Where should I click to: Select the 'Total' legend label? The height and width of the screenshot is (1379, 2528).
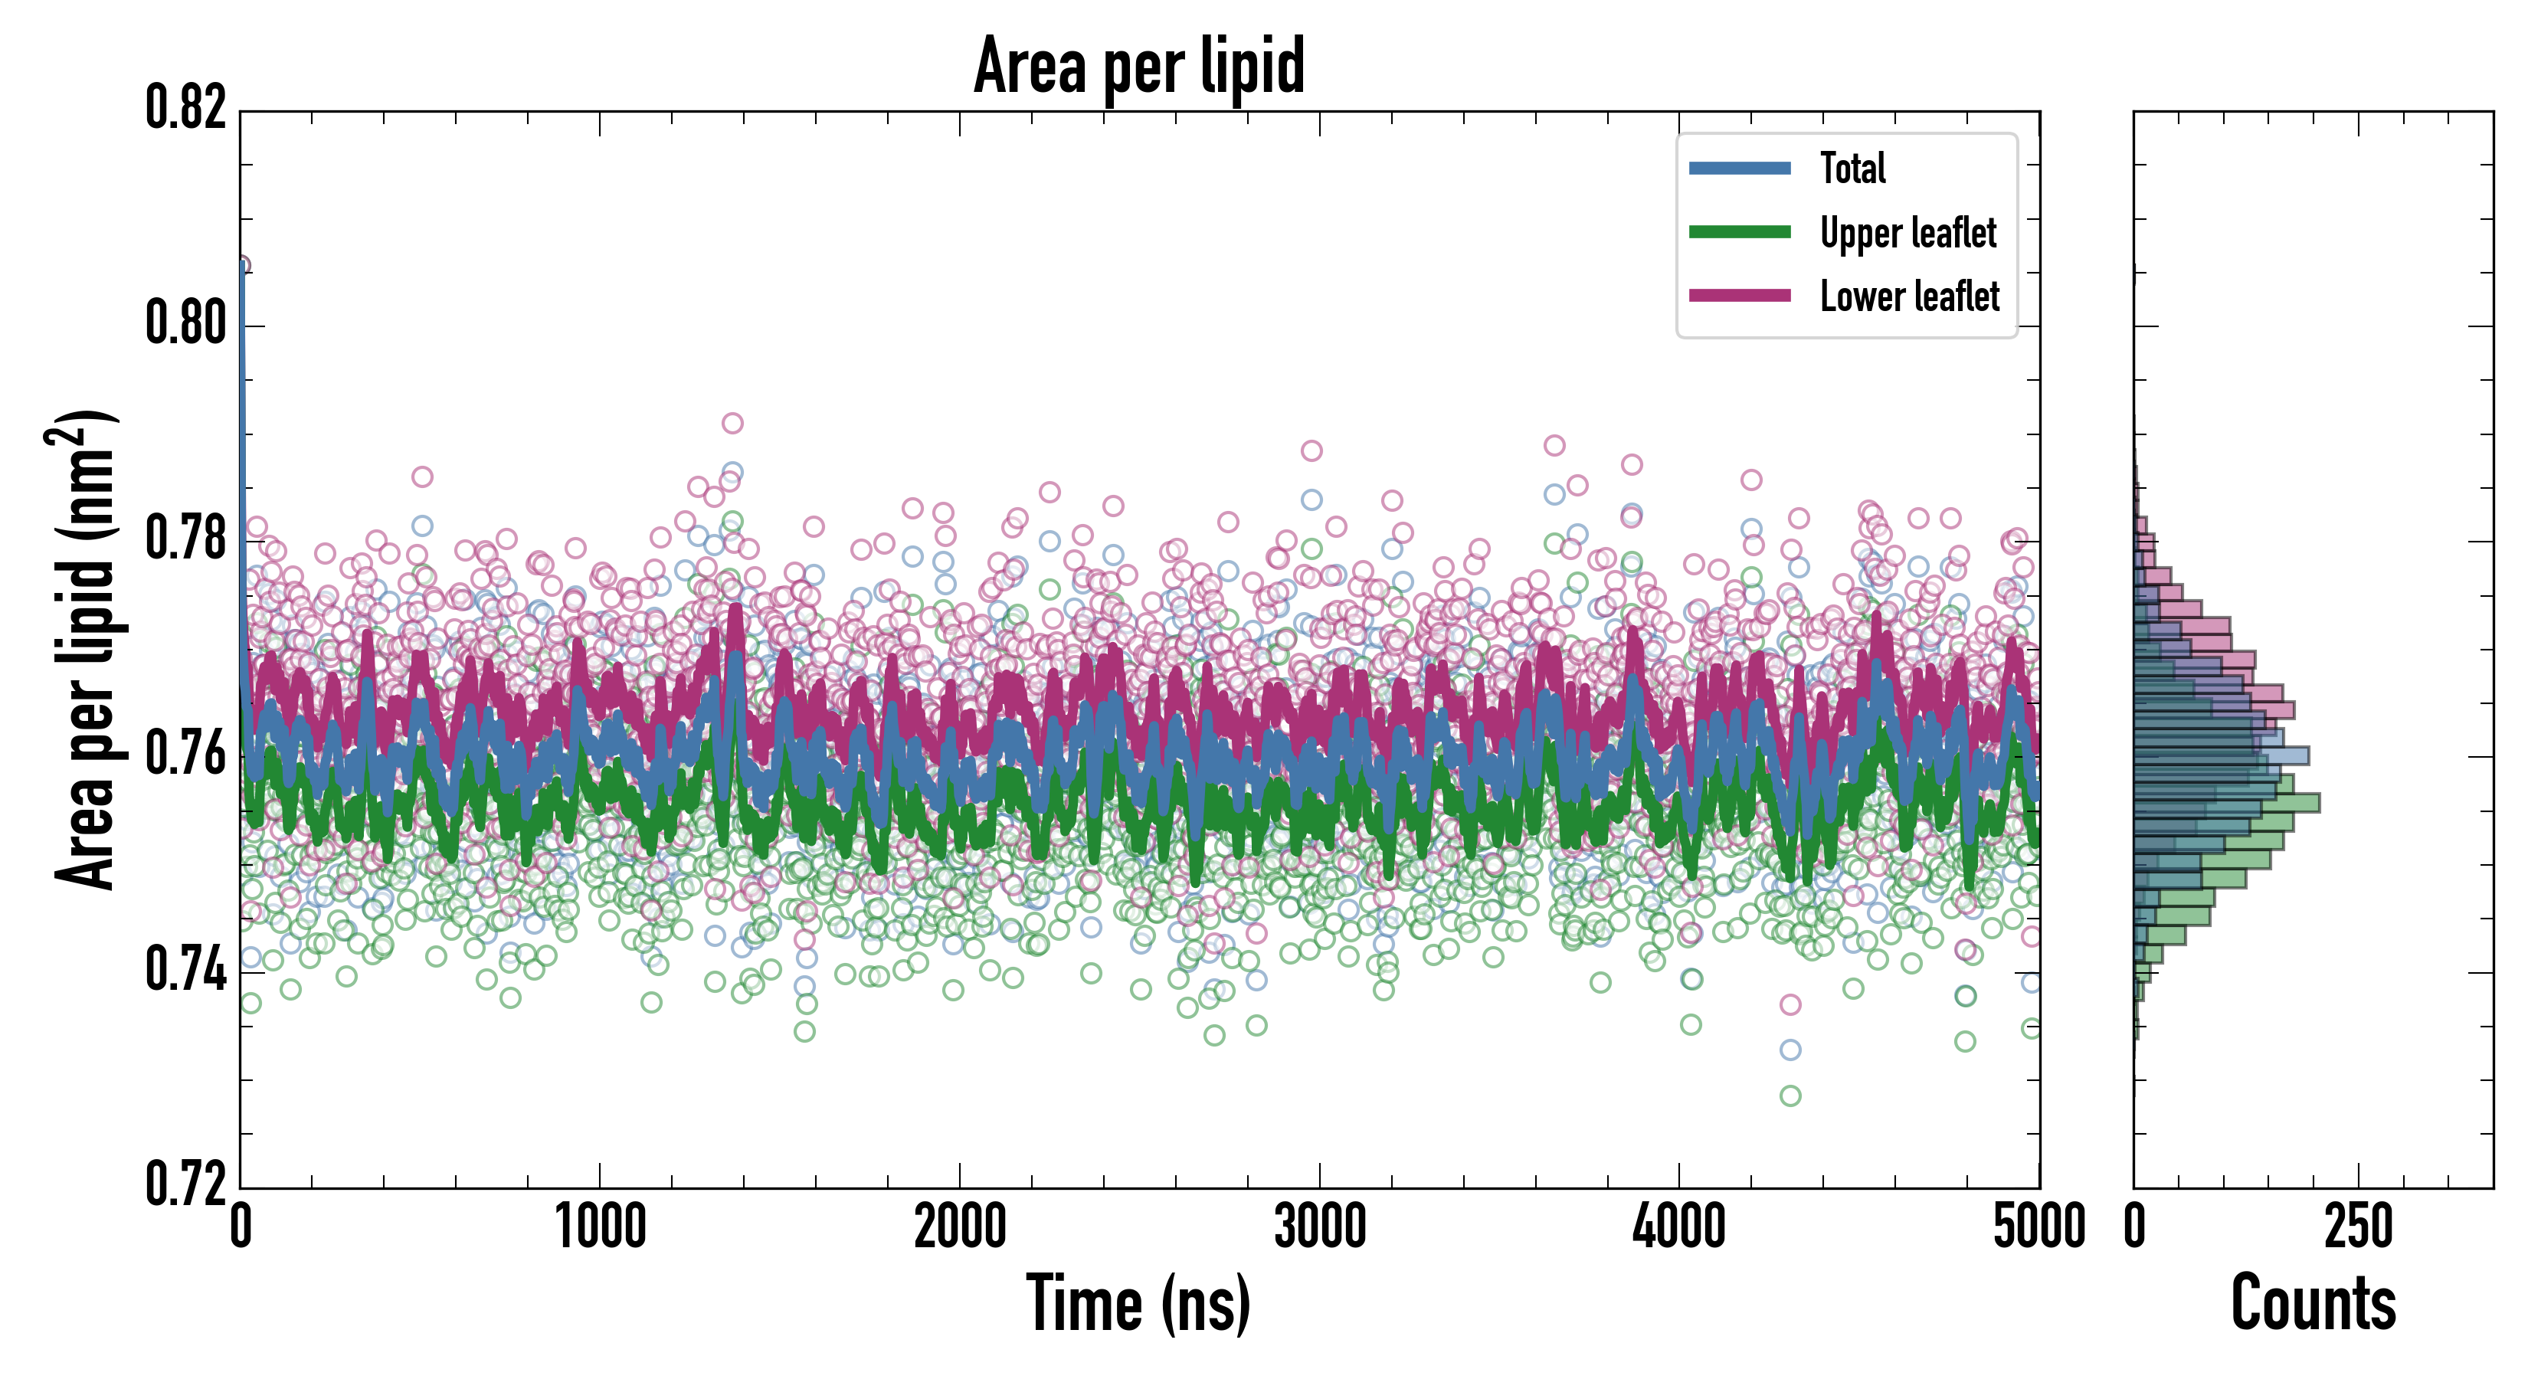[x=1853, y=168]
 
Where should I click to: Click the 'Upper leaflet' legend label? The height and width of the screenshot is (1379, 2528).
[x=1907, y=233]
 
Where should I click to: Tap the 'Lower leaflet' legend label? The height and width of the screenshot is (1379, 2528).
[x=1909, y=296]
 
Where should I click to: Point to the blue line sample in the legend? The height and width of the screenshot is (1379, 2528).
[x=1739, y=168]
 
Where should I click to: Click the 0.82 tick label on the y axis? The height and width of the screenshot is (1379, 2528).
[x=185, y=108]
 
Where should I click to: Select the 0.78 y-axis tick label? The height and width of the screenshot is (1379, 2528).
[x=185, y=539]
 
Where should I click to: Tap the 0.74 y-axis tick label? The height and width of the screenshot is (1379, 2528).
[x=185, y=970]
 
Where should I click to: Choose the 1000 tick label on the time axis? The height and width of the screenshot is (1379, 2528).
[x=601, y=1227]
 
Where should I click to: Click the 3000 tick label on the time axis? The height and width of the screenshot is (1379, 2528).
[x=1320, y=1227]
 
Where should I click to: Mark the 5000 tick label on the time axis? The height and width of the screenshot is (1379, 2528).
[x=2039, y=1227]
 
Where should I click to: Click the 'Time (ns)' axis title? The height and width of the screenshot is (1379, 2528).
[x=1138, y=1303]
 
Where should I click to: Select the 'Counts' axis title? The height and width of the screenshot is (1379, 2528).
[x=2313, y=1303]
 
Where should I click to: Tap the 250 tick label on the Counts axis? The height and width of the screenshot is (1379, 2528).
[x=2358, y=1227]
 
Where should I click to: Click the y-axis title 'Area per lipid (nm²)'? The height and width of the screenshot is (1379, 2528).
[x=84, y=650]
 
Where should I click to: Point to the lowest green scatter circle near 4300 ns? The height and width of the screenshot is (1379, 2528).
[x=1790, y=1096]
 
